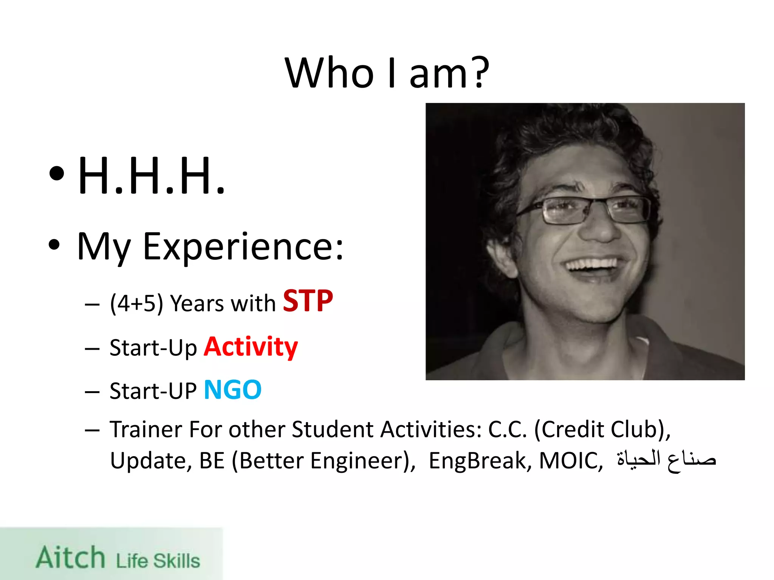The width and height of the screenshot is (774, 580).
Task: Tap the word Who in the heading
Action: click(x=329, y=72)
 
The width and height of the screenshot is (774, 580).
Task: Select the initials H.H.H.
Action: click(x=151, y=176)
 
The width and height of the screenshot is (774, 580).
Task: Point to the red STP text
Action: click(x=308, y=301)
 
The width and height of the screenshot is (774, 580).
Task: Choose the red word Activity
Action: click(x=251, y=347)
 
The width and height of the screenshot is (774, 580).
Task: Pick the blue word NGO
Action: click(x=232, y=390)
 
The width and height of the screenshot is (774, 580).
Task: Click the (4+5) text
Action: click(x=136, y=303)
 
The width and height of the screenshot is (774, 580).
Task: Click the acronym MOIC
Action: click(x=570, y=461)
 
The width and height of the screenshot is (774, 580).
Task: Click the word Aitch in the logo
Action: click(x=71, y=557)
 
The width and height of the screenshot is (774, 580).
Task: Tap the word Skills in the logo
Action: click(x=176, y=561)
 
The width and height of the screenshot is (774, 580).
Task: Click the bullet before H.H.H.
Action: click(x=57, y=174)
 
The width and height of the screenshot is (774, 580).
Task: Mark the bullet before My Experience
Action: click(x=54, y=245)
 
